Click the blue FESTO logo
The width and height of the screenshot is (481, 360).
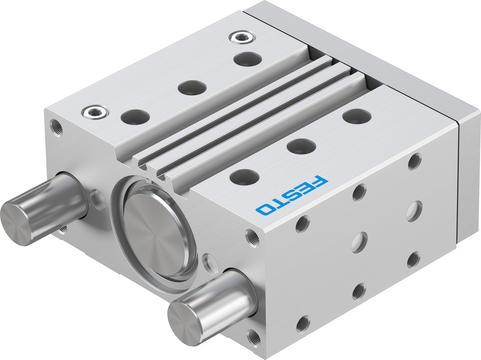(x=292, y=195)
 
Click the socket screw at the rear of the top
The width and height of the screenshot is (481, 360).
(x=242, y=37)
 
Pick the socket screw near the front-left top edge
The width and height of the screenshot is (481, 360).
(x=95, y=112)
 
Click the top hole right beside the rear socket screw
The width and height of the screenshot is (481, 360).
(x=247, y=59)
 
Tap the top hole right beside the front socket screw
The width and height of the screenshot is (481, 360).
(x=135, y=117)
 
